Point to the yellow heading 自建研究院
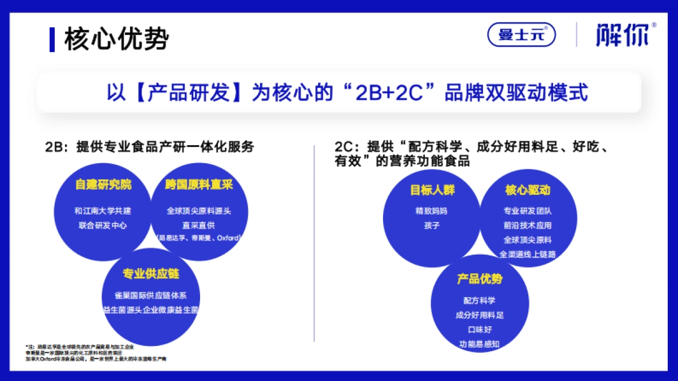click(x=103, y=185)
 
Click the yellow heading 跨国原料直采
click(x=199, y=185)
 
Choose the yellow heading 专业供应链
click(x=151, y=274)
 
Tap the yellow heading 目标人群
click(x=432, y=190)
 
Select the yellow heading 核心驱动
click(x=527, y=190)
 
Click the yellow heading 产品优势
click(x=480, y=279)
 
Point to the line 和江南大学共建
click(x=103, y=211)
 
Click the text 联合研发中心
click(x=103, y=225)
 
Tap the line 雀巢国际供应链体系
click(x=150, y=295)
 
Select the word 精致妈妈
click(x=432, y=211)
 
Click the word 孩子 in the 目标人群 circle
click(x=432, y=225)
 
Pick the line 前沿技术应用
click(x=527, y=225)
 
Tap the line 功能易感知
click(x=480, y=343)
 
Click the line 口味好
click(x=480, y=329)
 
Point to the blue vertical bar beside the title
click(x=52, y=39)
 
